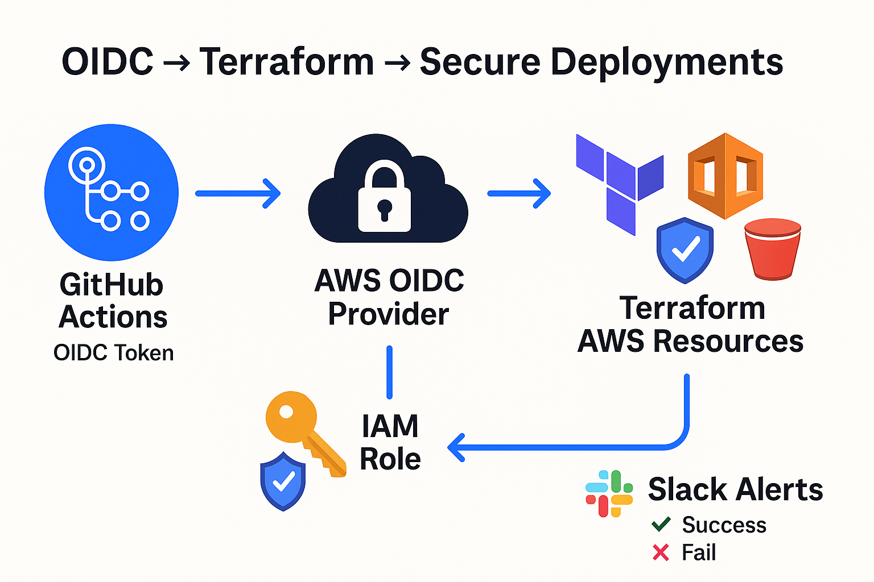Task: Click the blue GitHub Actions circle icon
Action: click(x=112, y=193)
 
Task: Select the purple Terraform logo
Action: click(x=620, y=185)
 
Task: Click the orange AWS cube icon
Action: click(x=725, y=176)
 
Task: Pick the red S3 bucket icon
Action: click(x=773, y=249)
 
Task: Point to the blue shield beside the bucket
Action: click(x=685, y=250)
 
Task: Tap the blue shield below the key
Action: click(x=283, y=481)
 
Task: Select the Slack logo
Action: click(x=609, y=493)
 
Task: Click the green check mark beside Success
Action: click(x=661, y=524)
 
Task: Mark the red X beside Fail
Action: click(x=661, y=552)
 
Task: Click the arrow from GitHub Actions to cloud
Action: click(x=238, y=193)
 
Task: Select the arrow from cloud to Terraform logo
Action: click(x=520, y=193)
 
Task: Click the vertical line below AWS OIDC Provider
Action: click(x=389, y=372)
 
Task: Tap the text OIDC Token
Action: click(x=114, y=353)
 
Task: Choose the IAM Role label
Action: click(x=390, y=442)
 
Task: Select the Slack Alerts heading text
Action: click(x=736, y=489)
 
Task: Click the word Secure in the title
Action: click(x=480, y=61)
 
